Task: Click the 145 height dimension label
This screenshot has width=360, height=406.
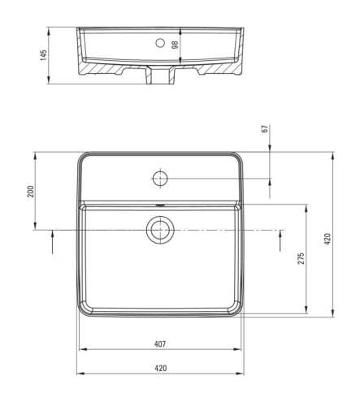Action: click(43, 55)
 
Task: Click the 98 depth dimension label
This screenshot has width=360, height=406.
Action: click(176, 45)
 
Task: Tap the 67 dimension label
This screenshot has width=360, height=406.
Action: click(266, 128)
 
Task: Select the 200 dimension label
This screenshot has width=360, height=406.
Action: click(31, 192)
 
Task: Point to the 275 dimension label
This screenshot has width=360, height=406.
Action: click(301, 258)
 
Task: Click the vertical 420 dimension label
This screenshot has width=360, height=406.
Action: click(327, 239)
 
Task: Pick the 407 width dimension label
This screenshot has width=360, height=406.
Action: click(160, 344)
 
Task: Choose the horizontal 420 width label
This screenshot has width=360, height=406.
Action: click(161, 368)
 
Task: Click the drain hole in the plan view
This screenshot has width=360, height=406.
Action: click(160, 230)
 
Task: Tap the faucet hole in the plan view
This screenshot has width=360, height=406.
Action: click(160, 179)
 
